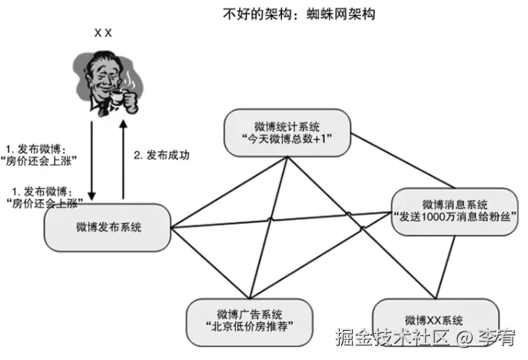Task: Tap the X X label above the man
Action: click(103, 33)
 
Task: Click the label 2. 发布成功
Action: click(161, 154)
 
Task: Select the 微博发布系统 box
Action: click(108, 227)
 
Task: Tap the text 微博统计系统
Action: click(287, 125)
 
